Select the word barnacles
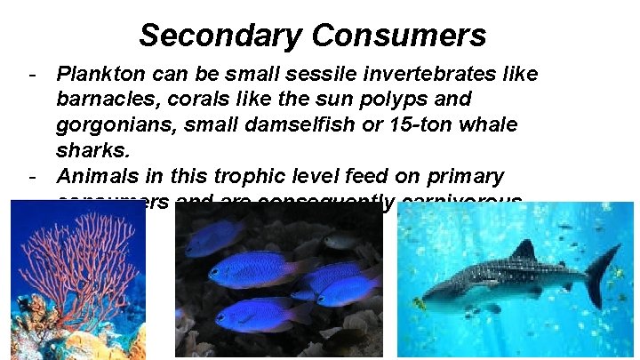100,98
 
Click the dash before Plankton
32,74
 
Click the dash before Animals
32,175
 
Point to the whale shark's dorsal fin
525,251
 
